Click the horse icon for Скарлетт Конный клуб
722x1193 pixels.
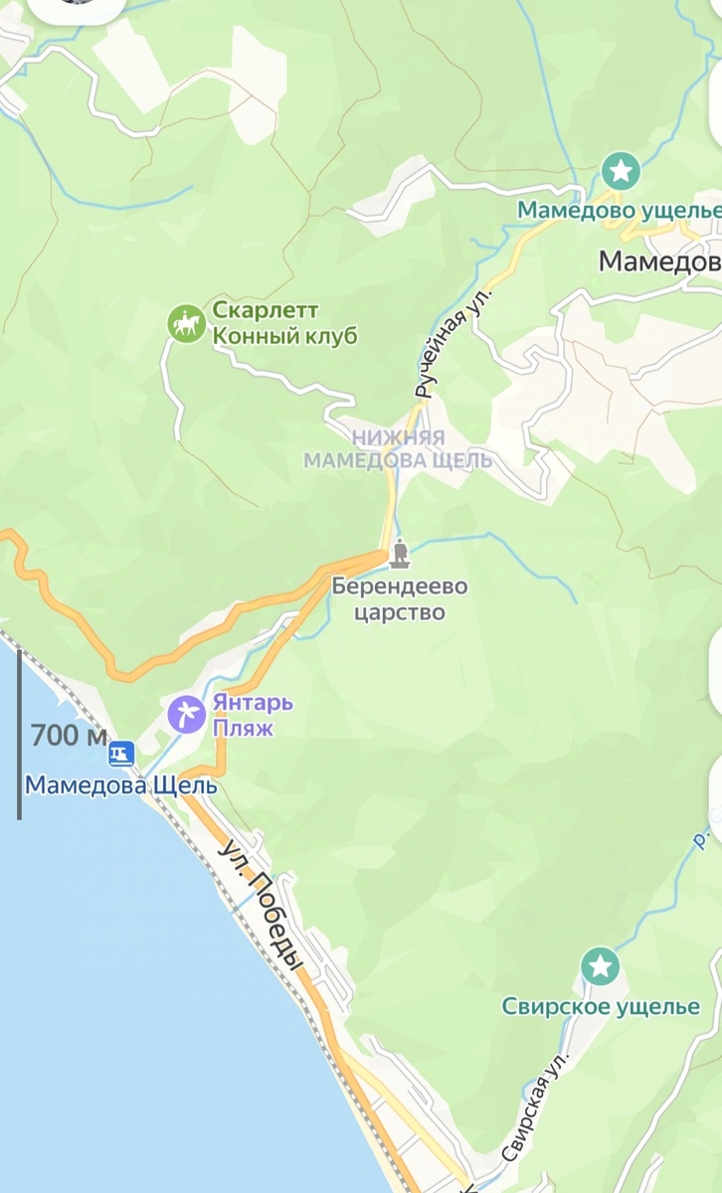coord(186,323)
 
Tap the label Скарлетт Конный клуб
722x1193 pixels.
coord(283,323)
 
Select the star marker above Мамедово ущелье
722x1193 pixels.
coord(622,171)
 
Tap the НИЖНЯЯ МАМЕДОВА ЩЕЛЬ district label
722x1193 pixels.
coord(398,449)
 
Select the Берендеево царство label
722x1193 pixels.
coord(400,599)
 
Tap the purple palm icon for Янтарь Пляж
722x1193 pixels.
coord(185,713)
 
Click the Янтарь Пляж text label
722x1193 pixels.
coord(253,714)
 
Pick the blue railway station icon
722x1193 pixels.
coord(121,753)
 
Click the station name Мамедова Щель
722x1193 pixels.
coord(120,785)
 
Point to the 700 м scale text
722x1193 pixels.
coord(69,737)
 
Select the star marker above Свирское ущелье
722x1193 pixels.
coord(600,965)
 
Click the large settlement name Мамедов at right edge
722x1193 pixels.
coord(658,261)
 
